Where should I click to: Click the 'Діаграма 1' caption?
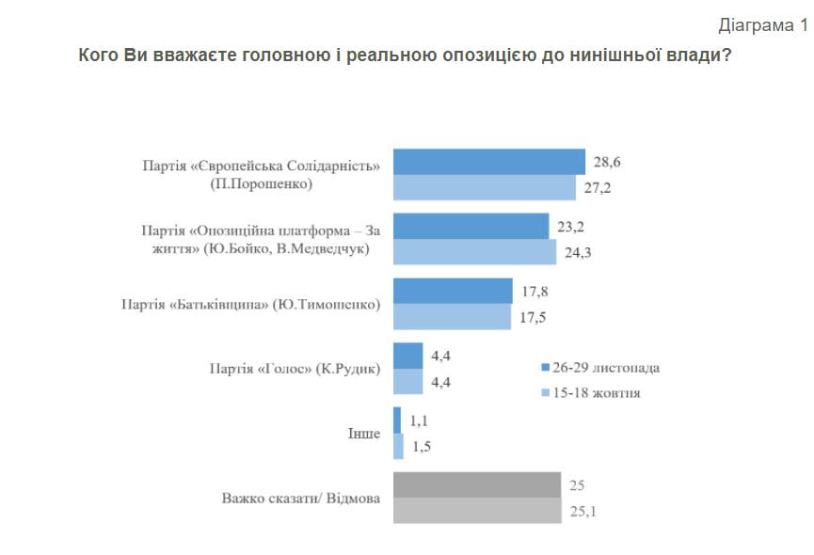(762, 25)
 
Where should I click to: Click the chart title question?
(406, 55)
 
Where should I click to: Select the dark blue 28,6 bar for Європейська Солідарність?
(488, 162)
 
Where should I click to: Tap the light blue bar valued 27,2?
(484, 187)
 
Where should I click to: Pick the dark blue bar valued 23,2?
(471, 226)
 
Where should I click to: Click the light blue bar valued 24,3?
(474, 252)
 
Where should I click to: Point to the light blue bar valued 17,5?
(451, 317)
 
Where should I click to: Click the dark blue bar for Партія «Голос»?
(407, 356)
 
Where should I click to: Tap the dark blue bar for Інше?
(397, 420)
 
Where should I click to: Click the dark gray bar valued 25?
(476, 484)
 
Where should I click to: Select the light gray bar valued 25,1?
(476, 511)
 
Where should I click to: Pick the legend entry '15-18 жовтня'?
(598, 392)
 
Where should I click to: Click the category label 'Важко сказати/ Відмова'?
(301, 498)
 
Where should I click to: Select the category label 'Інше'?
(364, 434)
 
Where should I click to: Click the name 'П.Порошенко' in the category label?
(262, 183)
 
